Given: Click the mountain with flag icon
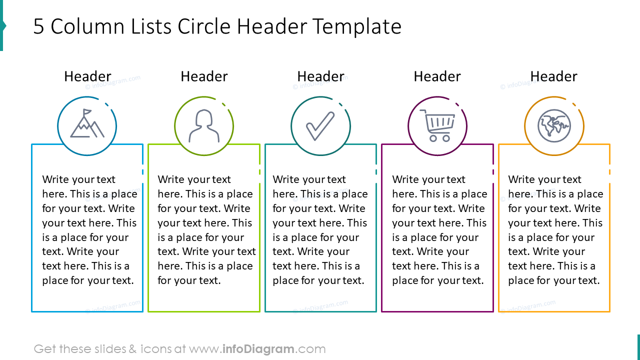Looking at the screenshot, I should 87,124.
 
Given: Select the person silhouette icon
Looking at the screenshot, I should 204,125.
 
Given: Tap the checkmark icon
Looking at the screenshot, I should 320,126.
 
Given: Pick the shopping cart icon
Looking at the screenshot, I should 437,125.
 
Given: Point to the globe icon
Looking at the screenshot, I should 554,125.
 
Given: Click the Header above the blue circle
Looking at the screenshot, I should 87,76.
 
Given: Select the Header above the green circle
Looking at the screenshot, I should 204,76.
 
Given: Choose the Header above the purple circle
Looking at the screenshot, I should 437,76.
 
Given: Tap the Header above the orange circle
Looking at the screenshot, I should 553,76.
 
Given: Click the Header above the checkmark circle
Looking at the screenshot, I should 320,76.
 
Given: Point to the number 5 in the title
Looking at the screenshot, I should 38,27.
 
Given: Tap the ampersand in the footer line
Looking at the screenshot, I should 132,349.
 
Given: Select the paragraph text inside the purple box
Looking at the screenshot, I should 439,230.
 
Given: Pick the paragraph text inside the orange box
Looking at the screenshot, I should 555,230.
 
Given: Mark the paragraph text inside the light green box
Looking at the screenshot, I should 206,230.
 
